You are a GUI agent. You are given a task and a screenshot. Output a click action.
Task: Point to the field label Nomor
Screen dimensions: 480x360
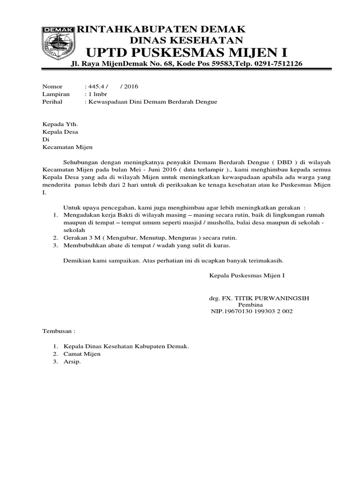pyautogui.click(x=52, y=87)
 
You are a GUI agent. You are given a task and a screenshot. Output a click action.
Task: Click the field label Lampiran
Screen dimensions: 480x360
pyautogui.click(x=55, y=94)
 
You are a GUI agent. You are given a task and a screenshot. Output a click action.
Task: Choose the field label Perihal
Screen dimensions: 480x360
pyautogui.click(x=52, y=102)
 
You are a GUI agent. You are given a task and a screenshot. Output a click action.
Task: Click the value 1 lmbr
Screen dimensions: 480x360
pyautogui.click(x=98, y=94)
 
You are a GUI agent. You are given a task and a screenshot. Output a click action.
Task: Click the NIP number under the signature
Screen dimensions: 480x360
pyautogui.click(x=252, y=311)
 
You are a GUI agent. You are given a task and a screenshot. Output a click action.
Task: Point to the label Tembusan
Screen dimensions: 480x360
pyautogui.click(x=59, y=330)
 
